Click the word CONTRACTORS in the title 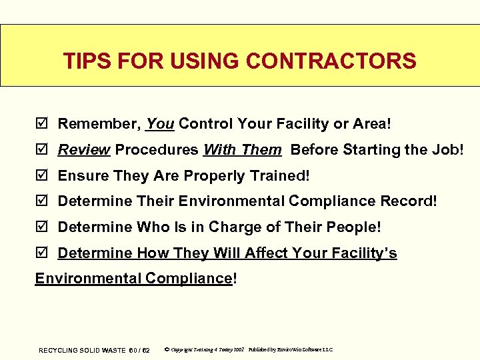pos(331,61)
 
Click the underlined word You pos(160,123)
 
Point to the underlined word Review pos(84,150)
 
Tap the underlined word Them pos(261,150)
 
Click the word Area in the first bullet pos(372,123)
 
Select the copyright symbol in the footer pos(166,349)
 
